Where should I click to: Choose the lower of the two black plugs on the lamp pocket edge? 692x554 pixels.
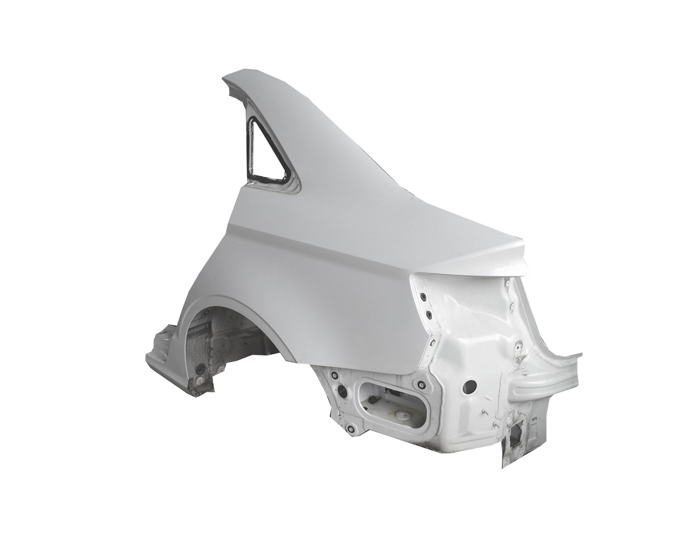pos(428,315)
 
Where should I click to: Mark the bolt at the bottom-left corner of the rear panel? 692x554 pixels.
pos(350,430)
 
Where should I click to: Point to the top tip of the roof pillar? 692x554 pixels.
pos(230,79)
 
